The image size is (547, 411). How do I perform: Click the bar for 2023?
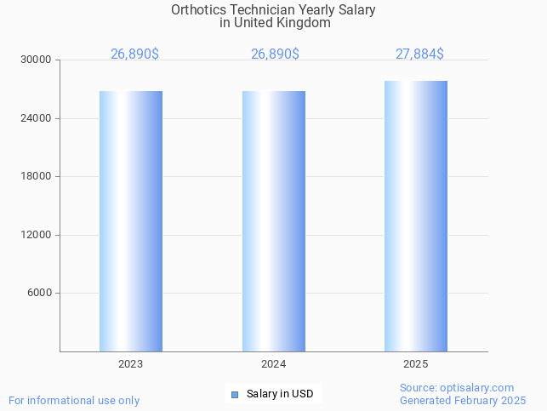[131, 221]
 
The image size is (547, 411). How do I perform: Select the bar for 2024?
[274, 221]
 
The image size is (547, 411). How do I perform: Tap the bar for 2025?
[416, 216]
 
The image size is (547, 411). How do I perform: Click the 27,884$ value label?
[419, 54]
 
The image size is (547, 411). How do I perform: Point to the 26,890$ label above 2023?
[134, 54]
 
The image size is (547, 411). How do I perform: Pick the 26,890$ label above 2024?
[275, 54]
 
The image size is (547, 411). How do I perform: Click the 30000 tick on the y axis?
[37, 60]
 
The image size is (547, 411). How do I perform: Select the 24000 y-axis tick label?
[37, 118]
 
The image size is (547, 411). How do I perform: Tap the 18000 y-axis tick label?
[37, 177]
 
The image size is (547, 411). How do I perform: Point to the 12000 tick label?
[37, 235]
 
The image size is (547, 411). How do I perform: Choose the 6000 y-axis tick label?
[39, 294]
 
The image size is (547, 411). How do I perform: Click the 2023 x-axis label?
[131, 364]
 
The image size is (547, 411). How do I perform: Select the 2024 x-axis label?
[274, 364]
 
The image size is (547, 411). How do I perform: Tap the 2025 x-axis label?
[416, 364]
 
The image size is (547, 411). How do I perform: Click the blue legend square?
[235, 394]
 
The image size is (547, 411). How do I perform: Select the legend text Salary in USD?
[280, 394]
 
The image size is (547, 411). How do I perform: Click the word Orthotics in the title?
[198, 10]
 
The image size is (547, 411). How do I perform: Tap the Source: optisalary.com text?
[457, 388]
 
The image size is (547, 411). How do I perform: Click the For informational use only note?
[74, 400]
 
